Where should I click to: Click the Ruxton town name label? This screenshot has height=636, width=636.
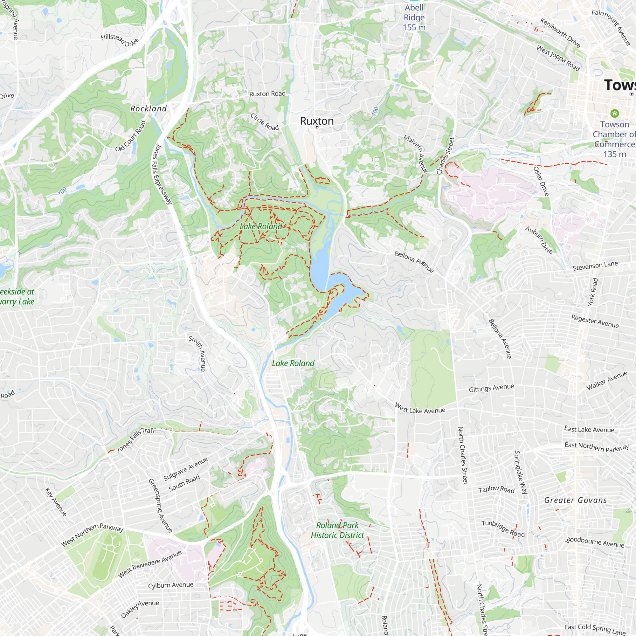pyautogui.click(x=317, y=121)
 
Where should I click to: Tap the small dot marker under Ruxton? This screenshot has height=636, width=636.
pyautogui.click(x=317, y=127)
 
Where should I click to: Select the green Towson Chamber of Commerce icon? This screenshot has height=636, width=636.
pyautogui.click(x=614, y=114)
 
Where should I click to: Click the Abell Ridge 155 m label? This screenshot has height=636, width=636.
pyautogui.click(x=414, y=17)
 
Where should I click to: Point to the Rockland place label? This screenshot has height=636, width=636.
pyautogui.click(x=149, y=109)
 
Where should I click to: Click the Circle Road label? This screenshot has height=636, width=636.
pyautogui.click(x=265, y=122)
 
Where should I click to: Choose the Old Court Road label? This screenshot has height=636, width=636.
pyautogui.click(x=130, y=136)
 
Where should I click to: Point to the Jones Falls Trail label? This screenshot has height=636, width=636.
pyautogui.click(x=136, y=439)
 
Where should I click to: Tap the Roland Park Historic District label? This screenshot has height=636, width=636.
pyautogui.click(x=337, y=530)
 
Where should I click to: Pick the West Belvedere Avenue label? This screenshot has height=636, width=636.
pyautogui.click(x=150, y=564)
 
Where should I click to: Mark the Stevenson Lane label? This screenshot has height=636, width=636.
pyautogui.click(x=595, y=266)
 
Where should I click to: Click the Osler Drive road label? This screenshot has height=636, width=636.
pyautogui.click(x=541, y=181)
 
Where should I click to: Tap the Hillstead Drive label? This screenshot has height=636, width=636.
pyautogui.click(x=120, y=40)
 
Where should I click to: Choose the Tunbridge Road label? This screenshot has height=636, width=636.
pyautogui.click(x=503, y=528)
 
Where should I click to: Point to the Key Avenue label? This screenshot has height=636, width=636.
pyautogui.click(x=56, y=502)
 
